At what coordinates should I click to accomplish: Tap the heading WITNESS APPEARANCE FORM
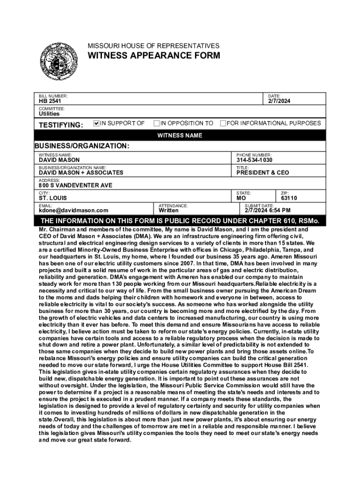pos(154,56)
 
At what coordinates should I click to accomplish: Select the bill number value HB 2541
pos(50,101)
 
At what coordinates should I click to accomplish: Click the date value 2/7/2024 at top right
pos(279,101)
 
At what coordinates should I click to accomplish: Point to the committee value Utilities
pos(49,114)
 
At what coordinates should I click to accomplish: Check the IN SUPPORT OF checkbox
pos(97,123)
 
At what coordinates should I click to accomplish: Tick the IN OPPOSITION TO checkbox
pos(157,123)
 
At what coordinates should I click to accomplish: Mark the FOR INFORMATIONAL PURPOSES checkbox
pos(223,123)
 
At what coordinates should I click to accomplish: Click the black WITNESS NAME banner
pos(180,136)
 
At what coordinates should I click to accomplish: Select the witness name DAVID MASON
pos(59,160)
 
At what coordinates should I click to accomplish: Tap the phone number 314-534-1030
pos(254,160)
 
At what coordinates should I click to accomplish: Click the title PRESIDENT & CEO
pos(262,173)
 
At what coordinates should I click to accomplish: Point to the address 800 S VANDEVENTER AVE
pos(75,185)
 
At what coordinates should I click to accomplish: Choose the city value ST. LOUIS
pos(53,198)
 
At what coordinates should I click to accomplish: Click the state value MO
pos(242,198)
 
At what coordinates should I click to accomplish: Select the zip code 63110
pos(289,198)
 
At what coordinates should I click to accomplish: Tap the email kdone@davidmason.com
pos(73,210)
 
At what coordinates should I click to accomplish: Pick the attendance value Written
pos(168,210)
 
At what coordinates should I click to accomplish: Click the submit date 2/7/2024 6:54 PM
pos(267,210)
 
